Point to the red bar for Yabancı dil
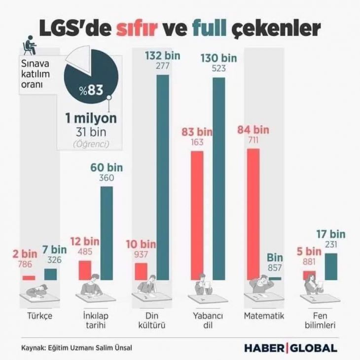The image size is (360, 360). (x=197, y=216)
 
